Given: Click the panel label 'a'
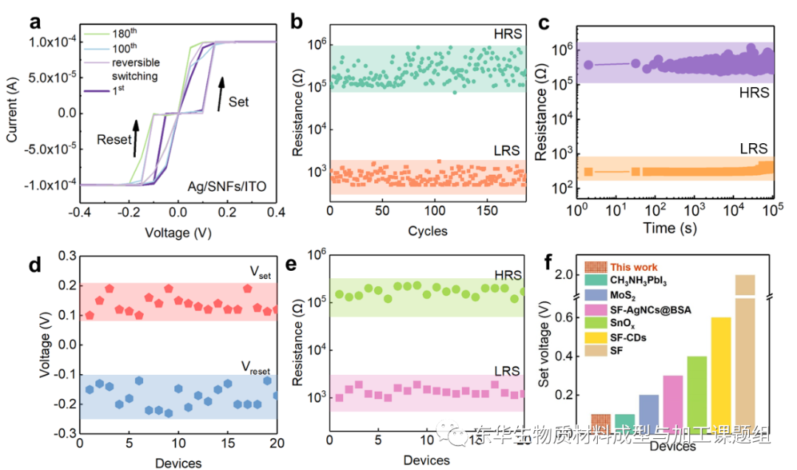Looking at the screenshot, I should [35, 21].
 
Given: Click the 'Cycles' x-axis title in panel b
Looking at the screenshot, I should [428, 231].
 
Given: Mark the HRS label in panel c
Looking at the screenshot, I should [753, 92].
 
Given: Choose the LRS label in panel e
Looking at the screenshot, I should [506, 370].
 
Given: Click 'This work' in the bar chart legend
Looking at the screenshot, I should [636, 266].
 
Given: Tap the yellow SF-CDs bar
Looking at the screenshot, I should [720, 380].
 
